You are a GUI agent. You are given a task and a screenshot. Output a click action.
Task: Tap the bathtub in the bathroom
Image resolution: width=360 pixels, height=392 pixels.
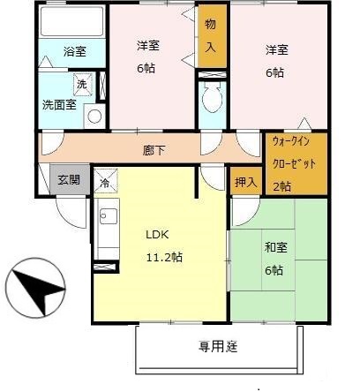pyautogui.click(x=73, y=24)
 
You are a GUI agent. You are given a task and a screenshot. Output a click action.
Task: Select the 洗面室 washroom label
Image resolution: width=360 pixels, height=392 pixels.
pyautogui.click(x=58, y=104)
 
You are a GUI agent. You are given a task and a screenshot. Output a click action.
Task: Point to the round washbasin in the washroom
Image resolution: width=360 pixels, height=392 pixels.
pyautogui.click(x=94, y=116)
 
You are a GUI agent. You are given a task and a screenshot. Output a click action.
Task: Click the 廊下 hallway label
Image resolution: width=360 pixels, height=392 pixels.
pyautogui.click(x=154, y=150)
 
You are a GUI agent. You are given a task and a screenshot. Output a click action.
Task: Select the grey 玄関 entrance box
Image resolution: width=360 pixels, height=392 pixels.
pyautogui.click(x=68, y=180)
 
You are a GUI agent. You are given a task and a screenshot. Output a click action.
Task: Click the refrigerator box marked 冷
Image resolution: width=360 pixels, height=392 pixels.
pyautogui.click(x=104, y=183)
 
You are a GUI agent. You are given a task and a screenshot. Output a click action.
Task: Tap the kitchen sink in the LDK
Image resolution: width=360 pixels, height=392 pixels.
pyautogui.click(x=108, y=215)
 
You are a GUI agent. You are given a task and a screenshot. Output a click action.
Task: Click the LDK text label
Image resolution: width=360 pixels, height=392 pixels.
pyautogui.click(x=157, y=235)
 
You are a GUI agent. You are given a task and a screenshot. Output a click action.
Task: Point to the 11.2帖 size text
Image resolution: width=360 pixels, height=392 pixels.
pyautogui.click(x=164, y=257)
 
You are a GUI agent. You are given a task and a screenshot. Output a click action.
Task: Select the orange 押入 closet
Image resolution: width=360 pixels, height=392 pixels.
pyautogui.click(x=246, y=182)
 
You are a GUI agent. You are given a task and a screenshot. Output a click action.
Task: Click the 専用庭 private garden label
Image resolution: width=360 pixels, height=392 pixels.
pyautogui.click(x=218, y=345)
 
